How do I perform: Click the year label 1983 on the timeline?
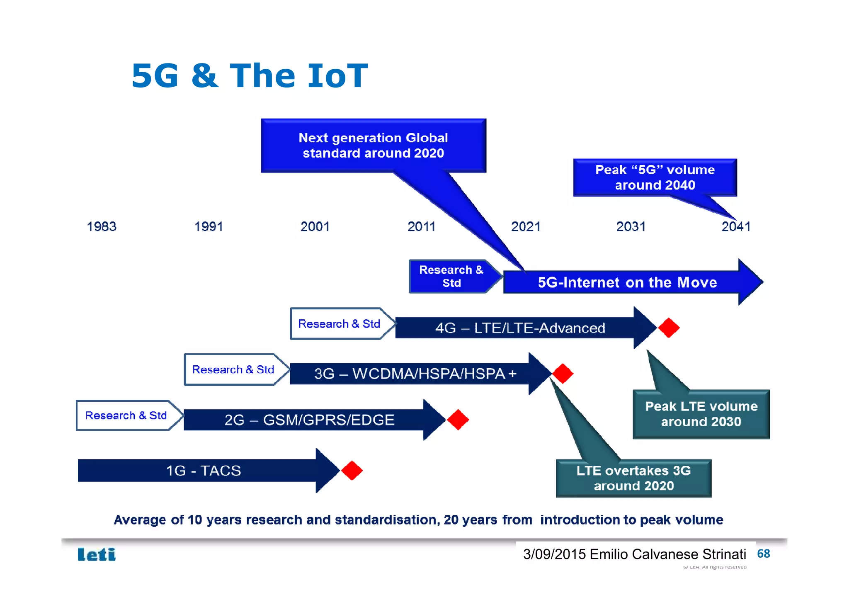coord(102,226)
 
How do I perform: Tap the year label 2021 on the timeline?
coord(526,226)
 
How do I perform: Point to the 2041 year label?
coord(736,226)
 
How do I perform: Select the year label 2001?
coord(315,226)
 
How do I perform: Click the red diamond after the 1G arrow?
coord(352,470)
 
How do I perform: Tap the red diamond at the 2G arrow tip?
coord(458,420)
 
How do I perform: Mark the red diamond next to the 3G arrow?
coord(563,374)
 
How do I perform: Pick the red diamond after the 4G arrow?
coord(669,328)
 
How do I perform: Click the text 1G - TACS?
coord(203,471)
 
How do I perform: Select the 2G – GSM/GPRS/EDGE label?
coord(309,420)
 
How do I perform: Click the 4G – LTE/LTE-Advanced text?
coord(520,328)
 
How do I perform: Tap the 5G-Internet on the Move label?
coord(627,282)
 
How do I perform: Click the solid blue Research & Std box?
coord(451,276)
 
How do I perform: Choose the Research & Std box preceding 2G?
coord(126,415)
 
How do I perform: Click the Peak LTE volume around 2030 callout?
coord(701,414)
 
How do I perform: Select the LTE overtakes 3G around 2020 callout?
coord(633,478)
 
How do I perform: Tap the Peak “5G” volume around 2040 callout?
coord(655,177)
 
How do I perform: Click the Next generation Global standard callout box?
coord(373,146)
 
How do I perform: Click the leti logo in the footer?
coord(97,554)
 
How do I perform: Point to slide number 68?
coord(763,554)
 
